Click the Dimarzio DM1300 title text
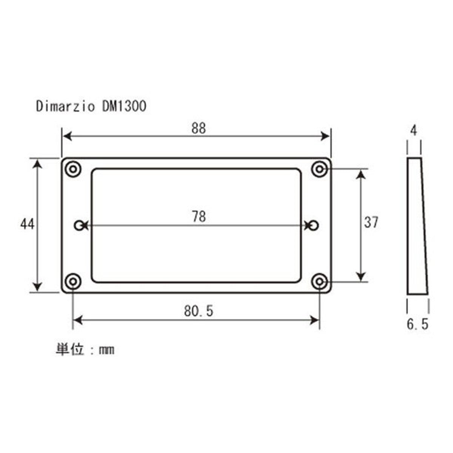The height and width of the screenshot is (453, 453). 91,107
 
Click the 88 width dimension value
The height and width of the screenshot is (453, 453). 199,129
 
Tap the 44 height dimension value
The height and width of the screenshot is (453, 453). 27,224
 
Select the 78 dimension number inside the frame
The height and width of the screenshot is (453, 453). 199,217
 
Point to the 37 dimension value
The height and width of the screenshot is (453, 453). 371,222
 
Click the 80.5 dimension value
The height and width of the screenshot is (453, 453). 199,311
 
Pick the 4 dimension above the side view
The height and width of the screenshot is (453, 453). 414,131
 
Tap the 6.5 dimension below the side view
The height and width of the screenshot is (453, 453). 418,324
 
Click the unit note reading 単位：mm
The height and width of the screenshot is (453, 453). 85,350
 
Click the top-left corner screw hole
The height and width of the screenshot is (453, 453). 72,168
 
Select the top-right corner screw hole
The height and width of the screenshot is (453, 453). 320,168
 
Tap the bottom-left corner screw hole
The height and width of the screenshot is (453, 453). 72,282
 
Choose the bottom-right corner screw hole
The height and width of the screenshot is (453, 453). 320,282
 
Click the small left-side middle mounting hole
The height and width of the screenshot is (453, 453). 79,225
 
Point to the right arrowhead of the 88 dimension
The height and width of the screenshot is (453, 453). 325,136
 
